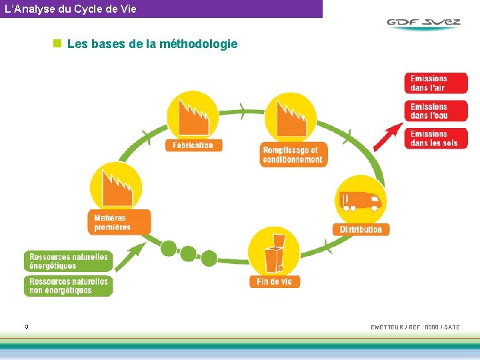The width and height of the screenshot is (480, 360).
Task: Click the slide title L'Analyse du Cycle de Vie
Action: pyautogui.click(x=70, y=9)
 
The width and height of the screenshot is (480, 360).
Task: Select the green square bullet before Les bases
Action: pyautogui.click(x=57, y=44)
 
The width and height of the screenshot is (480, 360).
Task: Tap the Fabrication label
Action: pyautogui.click(x=193, y=145)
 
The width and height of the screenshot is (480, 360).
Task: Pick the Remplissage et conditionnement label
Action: pyautogui.click(x=293, y=155)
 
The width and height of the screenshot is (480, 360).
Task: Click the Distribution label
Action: pyautogui.click(x=361, y=229)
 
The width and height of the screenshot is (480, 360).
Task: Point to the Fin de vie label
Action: pyautogui.click(x=274, y=281)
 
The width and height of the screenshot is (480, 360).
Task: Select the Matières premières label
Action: pyautogui.click(x=119, y=222)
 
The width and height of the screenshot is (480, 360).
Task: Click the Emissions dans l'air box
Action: pyautogui.click(x=435, y=83)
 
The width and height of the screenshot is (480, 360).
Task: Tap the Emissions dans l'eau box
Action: pyautogui.click(x=435, y=111)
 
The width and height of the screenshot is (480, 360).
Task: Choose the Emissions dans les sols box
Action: pyautogui.click(x=435, y=138)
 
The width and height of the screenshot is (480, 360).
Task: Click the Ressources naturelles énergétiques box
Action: pyautogui.click(x=69, y=261)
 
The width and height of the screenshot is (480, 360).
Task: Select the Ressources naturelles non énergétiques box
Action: pyautogui.click(x=69, y=286)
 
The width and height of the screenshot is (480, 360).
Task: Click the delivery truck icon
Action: pyautogui.click(x=360, y=201)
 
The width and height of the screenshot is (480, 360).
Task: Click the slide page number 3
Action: pyautogui.click(x=26, y=327)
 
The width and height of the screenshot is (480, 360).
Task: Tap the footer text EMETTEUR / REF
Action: pyautogui.click(x=415, y=327)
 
